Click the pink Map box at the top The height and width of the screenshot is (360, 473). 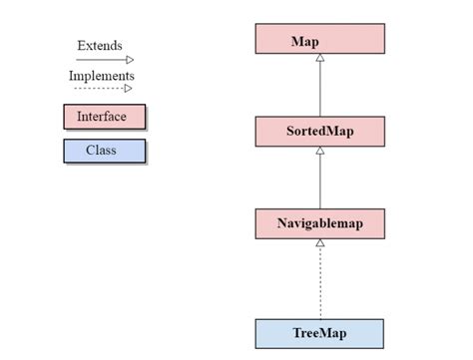tap(319, 39)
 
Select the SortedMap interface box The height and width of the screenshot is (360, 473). tap(319, 131)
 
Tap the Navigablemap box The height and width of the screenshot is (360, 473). tap(319, 223)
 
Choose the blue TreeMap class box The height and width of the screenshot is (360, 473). tap(319, 331)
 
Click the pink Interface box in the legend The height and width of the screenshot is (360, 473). tap(104, 117)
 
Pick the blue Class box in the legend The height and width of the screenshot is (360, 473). tap(104, 151)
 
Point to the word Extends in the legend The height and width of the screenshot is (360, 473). tap(100, 46)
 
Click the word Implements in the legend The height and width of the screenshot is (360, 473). tap(102, 76)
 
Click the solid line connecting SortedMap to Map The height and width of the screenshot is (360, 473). tap(319, 90)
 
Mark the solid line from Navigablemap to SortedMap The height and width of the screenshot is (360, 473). tap(319, 181)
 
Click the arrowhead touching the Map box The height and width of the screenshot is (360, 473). tap(319, 59)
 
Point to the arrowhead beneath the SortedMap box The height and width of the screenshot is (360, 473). tap(319, 151)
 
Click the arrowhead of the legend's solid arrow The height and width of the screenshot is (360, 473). tap(129, 60)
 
